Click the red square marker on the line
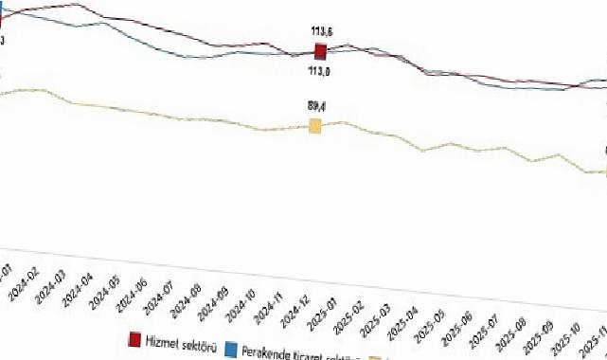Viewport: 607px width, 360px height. tap(320, 51)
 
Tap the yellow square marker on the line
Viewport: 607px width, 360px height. tap(315, 126)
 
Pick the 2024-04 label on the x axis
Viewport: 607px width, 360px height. tap(75, 285)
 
